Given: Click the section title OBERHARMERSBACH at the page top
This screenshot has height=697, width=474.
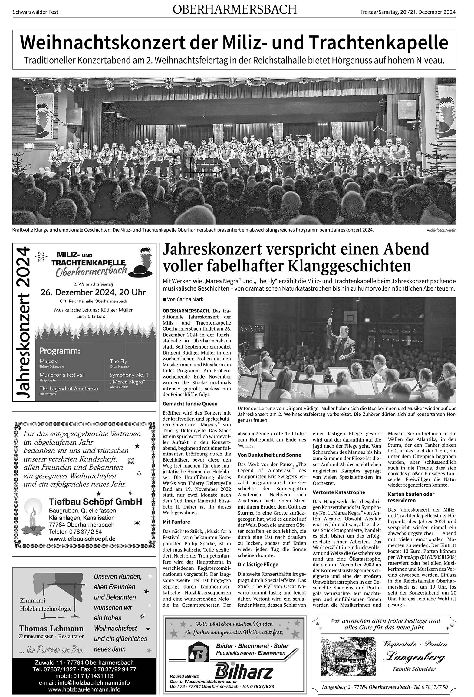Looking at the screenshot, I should [x=235, y=10].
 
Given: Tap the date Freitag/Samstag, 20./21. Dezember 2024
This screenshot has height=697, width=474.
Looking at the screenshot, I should [x=408, y=12].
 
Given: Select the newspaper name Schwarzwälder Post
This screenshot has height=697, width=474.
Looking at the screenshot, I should [x=36, y=12].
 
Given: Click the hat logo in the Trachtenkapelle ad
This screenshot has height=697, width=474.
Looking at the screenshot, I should [x=142, y=263].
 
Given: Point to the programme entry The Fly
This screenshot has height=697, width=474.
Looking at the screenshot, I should [x=119, y=361].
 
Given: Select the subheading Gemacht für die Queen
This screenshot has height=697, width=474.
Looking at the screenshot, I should [x=190, y=404].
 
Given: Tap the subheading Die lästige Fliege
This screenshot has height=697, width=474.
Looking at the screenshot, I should [x=258, y=565].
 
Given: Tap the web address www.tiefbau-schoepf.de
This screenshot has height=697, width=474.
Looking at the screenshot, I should [x=82, y=539].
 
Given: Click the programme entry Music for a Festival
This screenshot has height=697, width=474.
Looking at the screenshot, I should [x=61, y=375].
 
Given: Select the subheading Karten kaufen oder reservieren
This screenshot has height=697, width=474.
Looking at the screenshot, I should [x=411, y=497].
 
